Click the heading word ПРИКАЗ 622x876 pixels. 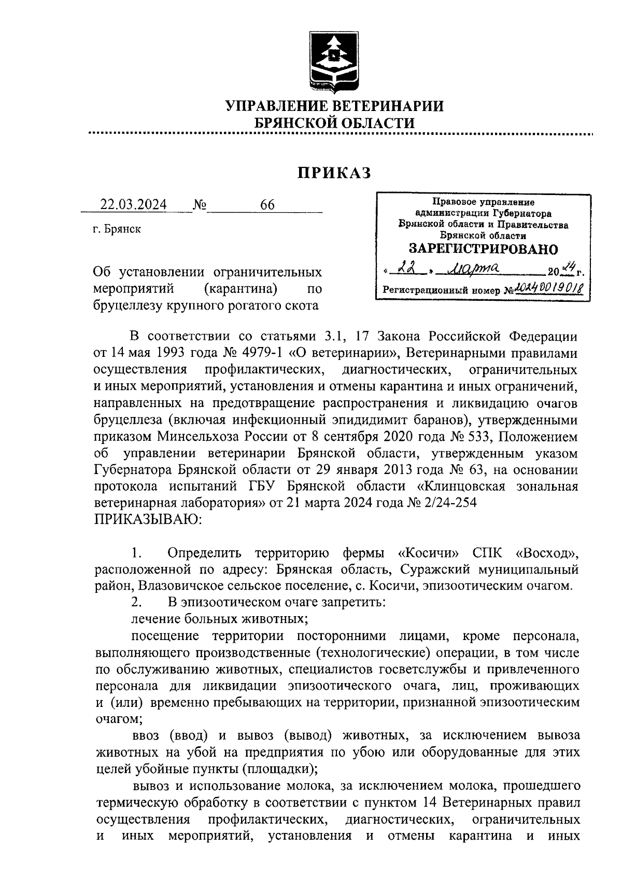click(334, 173)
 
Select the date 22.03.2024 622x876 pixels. click(134, 205)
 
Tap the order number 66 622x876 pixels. click(267, 205)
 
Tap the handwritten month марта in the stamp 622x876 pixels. click(475, 269)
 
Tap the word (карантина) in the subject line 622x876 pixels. click(243, 288)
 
